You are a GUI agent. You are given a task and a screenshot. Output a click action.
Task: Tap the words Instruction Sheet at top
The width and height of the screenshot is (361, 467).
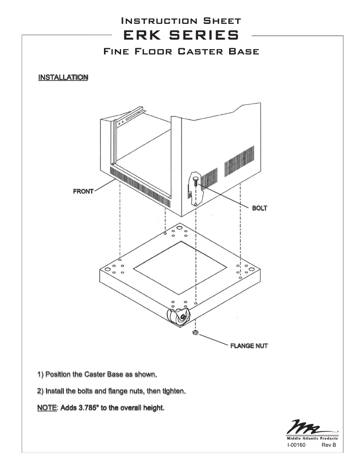click(180, 21)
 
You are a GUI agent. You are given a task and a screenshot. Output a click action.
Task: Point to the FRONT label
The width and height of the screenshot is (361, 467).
click(83, 191)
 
